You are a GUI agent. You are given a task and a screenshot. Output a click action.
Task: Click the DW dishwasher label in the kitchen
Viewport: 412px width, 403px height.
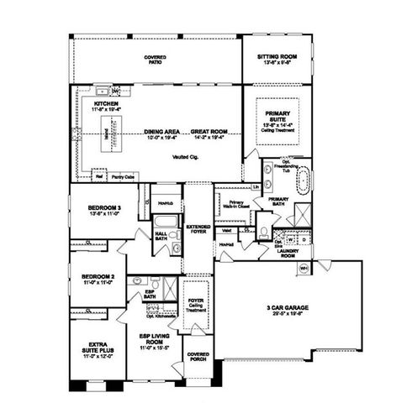point(115,91)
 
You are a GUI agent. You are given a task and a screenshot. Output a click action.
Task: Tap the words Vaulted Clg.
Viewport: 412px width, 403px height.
point(184,156)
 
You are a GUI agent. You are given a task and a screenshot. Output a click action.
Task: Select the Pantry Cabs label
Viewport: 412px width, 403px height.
point(124,177)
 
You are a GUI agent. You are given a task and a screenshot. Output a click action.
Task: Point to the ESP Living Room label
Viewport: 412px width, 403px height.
point(155,338)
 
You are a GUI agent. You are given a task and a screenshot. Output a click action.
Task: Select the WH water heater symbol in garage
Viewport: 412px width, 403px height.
point(304,269)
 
